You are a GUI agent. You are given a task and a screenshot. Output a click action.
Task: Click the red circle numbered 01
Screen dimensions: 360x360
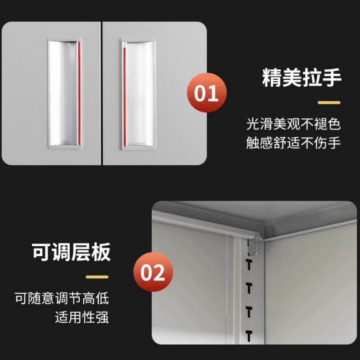tap(207, 93)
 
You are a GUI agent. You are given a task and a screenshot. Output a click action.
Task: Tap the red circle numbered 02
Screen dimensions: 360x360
tap(153, 273)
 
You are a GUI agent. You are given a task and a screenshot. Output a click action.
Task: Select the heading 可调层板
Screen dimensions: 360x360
tap(71, 252)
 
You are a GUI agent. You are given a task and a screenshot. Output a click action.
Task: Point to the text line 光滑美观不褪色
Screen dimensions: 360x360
tap(293, 123)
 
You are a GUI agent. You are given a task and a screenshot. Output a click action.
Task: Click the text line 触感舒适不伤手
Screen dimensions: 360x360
tap(293, 143)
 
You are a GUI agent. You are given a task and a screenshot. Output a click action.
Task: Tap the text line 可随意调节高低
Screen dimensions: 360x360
tap(61, 298)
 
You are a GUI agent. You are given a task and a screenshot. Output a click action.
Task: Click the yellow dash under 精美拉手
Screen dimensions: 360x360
tap(329, 103)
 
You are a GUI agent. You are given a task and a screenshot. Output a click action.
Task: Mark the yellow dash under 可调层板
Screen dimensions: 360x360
tap(97, 277)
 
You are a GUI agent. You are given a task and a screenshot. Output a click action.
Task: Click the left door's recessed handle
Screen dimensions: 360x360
tap(64, 93)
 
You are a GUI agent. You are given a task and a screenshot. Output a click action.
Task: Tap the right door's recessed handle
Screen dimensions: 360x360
tap(138, 93)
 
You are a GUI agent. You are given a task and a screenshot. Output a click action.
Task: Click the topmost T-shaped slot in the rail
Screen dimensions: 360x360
tap(248, 265)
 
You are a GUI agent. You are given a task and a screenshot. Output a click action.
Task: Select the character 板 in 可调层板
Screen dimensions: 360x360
tap(101, 252)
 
